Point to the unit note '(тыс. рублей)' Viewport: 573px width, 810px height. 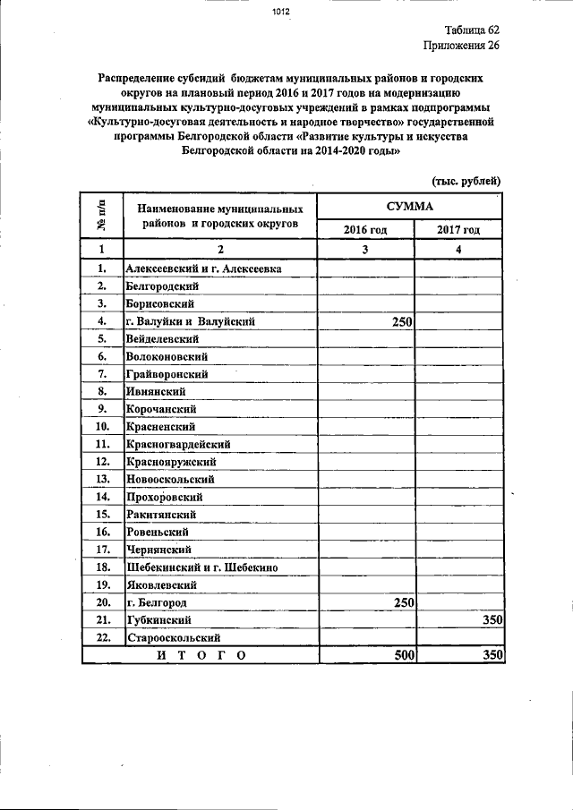pos(466,180)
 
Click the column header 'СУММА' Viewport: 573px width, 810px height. pos(410,207)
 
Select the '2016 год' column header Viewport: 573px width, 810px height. pos(365,230)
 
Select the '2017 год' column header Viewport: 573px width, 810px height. pos(458,230)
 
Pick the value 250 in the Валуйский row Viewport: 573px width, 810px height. pos(399,321)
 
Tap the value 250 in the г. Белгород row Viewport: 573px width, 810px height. pos(399,602)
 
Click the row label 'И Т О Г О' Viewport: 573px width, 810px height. pos(200,656)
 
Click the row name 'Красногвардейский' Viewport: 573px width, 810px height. pos(179,444)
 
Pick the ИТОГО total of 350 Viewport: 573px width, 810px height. pos(492,656)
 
